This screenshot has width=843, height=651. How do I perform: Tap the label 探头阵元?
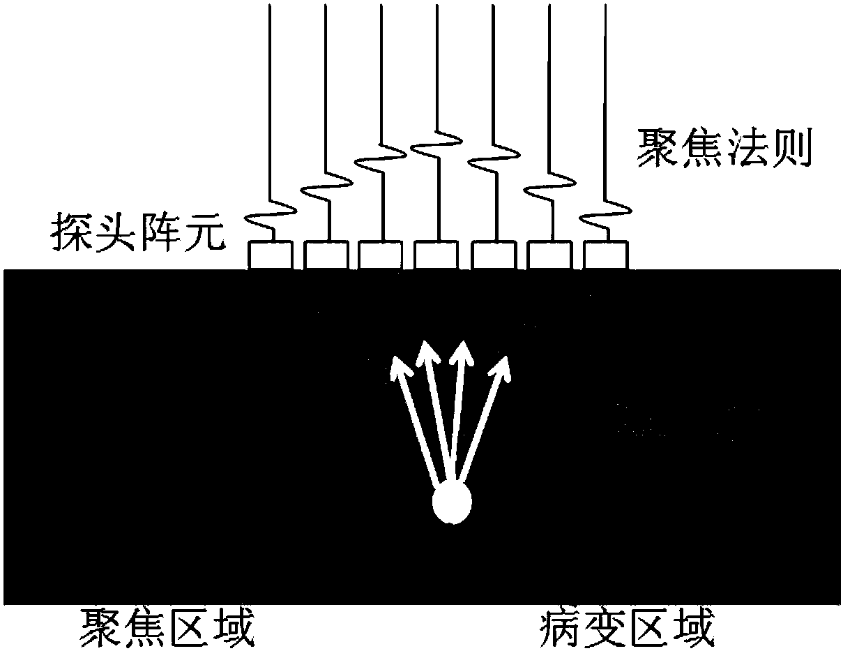point(137,233)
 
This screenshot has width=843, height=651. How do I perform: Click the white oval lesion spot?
point(452,504)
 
